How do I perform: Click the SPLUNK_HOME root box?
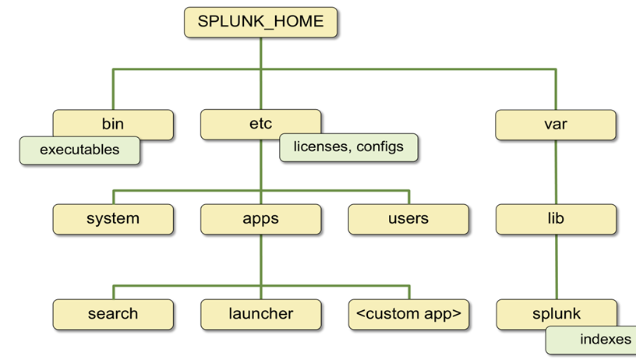pos(260,22)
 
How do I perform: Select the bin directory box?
pos(113,123)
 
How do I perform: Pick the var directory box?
pos(556,123)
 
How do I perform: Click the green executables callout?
pos(80,150)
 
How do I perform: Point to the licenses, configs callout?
pos(348,146)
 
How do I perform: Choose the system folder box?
pos(113,218)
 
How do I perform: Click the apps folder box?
pos(260,218)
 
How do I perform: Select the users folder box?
pos(408,218)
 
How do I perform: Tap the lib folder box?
pos(556,218)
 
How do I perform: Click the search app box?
pos(113,314)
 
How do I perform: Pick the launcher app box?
pos(260,314)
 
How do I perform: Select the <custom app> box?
pos(408,314)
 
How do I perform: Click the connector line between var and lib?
pos(556,171)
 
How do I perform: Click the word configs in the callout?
pos(380,146)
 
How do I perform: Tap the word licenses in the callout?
pos(320,146)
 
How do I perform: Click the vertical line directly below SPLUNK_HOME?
pos(260,53)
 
